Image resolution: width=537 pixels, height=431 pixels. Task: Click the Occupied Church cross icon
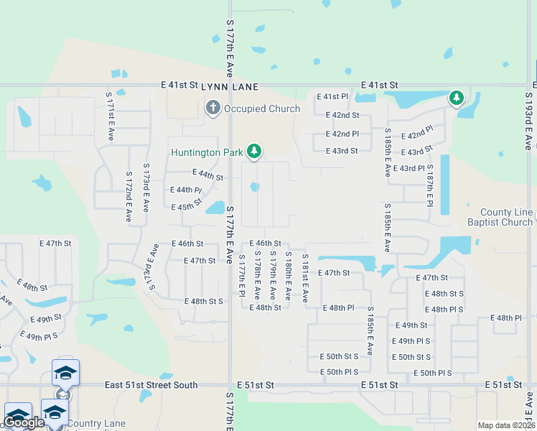[x=213, y=108]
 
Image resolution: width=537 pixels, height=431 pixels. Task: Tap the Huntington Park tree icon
[x=253, y=152]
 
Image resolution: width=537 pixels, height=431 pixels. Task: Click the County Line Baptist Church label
[x=506, y=218]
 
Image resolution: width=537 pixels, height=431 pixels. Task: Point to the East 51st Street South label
[x=151, y=385]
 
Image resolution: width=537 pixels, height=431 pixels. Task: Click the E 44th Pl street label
[x=185, y=190]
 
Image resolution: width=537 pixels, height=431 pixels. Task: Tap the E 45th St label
[x=187, y=207]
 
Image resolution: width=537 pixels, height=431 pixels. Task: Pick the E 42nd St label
[x=342, y=115]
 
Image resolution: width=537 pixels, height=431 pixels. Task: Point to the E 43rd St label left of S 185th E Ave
[x=341, y=151]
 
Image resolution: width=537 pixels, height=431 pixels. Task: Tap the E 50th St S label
[x=339, y=356]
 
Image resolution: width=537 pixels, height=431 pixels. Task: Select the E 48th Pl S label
[x=444, y=310]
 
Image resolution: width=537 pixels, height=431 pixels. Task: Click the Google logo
[x=24, y=422]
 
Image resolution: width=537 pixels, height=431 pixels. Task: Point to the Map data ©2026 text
[x=506, y=425]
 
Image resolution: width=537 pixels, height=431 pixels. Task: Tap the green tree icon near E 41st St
[x=456, y=97]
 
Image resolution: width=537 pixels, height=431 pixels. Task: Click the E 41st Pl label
[x=332, y=96]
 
